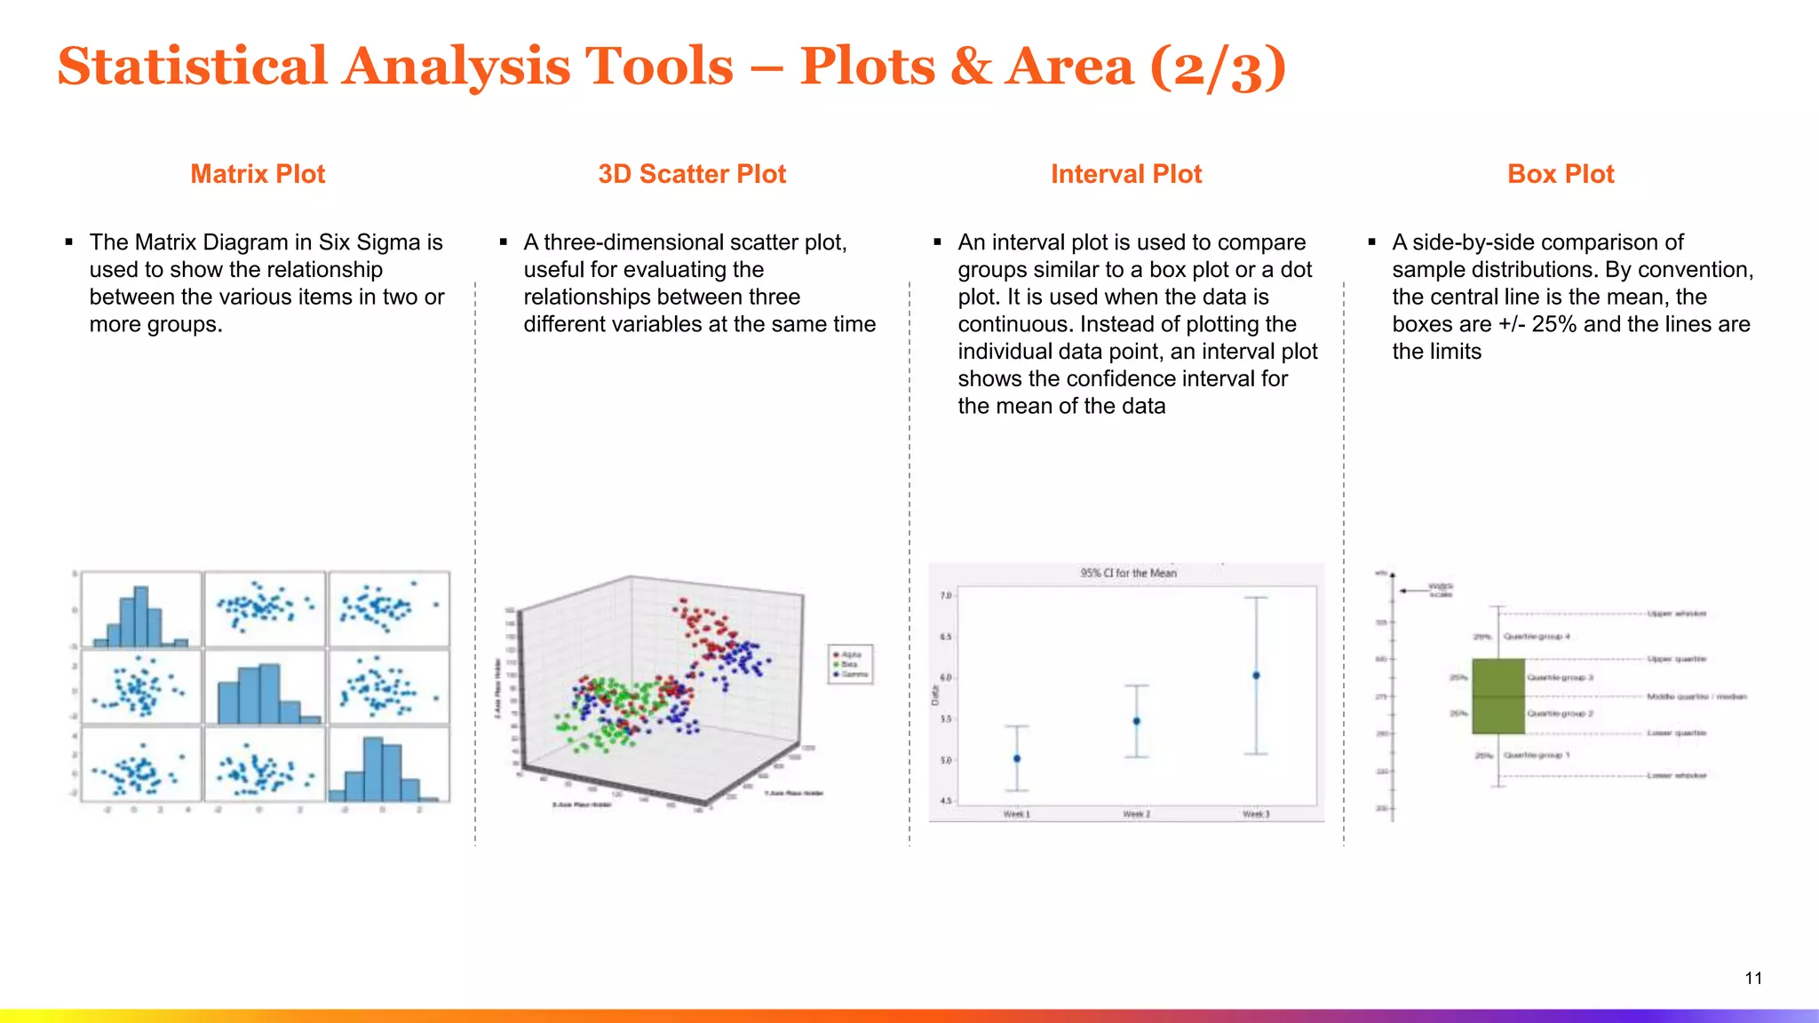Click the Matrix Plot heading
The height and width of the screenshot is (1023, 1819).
click(258, 174)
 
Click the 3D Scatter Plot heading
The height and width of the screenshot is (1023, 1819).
click(692, 174)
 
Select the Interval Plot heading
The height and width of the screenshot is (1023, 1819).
click(1125, 174)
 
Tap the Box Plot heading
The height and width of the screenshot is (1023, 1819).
click(1560, 174)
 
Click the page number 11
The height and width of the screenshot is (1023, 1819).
click(1752, 978)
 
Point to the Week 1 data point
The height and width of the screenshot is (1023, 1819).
click(1017, 758)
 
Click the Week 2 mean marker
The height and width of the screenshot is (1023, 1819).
click(1137, 721)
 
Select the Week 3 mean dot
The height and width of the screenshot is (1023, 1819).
click(1256, 676)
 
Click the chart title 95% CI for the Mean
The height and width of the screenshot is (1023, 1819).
click(1128, 573)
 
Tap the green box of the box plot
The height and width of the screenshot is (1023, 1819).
click(1498, 696)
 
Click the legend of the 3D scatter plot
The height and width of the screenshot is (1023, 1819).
click(850, 664)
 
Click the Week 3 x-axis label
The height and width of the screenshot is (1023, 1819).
click(1256, 814)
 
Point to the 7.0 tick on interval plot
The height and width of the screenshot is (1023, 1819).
click(946, 596)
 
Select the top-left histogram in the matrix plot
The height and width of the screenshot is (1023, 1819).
click(140, 610)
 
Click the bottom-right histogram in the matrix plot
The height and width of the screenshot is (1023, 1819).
click(388, 765)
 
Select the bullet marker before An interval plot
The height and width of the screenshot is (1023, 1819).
click(937, 242)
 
